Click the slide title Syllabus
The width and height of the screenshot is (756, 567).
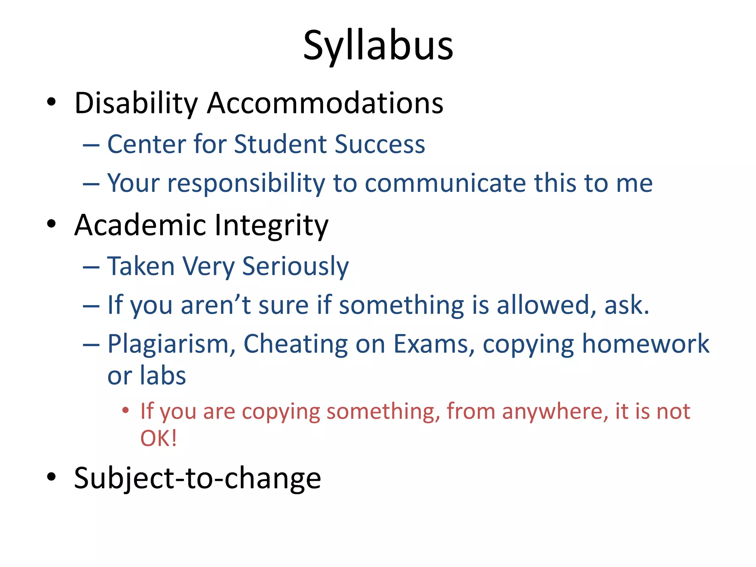tap(378, 46)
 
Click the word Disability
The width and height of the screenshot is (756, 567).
tap(136, 103)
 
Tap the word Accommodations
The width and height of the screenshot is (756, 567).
tap(325, 103)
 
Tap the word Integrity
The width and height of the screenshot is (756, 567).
tap(271, 226)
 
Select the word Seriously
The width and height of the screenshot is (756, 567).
tap(295, 267)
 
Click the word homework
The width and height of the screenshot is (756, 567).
tap(645, 344)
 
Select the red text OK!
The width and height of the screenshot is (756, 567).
tap(158, 439)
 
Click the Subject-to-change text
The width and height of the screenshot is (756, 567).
tap(197, 478)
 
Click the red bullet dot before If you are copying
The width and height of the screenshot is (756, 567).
tap(126, 410)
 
